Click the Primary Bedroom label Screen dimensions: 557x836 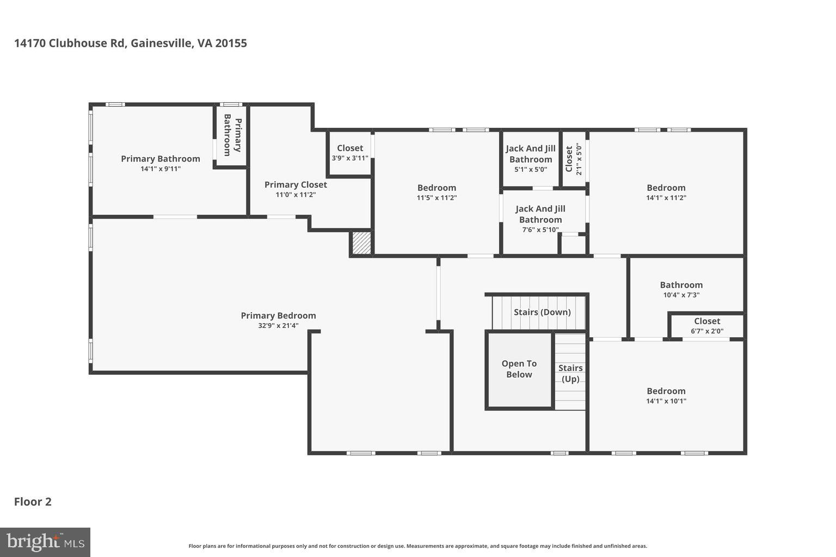pyautogui.click(x=278, y=315)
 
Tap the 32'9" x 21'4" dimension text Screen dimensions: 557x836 pyautogui.click(x=278, y=326)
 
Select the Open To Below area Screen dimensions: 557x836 pyautogui.click(x=519, y=369)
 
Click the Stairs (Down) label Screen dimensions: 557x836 pyautogui.click(x=542, y=312)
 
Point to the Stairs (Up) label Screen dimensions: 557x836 pyautogui.click(x=570, y=373)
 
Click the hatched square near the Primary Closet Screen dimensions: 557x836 pyautogui.click(x=361, y=243)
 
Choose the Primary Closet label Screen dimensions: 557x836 pyautogui.click(x=296, y=184)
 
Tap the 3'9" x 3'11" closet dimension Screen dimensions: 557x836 pyautogui.click(x=350, y=158)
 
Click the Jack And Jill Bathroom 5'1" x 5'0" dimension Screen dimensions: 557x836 pyautogui.click(x=531, y=169)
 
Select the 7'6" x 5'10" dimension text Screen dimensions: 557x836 pyautogui.click(x=540, y=230)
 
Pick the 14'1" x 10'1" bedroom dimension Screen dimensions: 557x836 pyautogui.click(x=666, y=401)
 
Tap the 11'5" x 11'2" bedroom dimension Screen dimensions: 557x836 pyautogui.click(x=437, y=198)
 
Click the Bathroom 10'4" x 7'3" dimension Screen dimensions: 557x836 pyautogui.click(x=681, y=295)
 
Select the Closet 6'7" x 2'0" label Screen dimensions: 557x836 pyautogui.click(x=707, y=321)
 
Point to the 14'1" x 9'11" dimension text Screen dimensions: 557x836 pyautogui.click(x=161, y=169)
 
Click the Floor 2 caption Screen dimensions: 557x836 pyautogui.click(x=33, y=502)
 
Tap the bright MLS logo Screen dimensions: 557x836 pyautogui.click(x=45, y=542)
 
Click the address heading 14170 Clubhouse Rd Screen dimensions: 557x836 pyautogui.click(x=131, y=43)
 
